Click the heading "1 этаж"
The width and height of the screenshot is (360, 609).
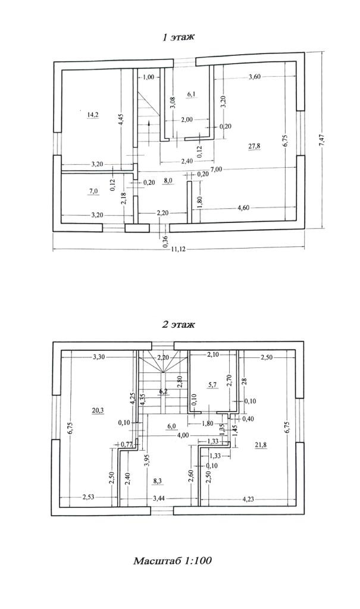click(x=179, y=37)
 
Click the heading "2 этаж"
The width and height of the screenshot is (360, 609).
click(x=178, y=325)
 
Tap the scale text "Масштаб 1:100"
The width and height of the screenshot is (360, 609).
click(x=173, y=561)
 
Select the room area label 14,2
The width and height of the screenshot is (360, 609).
click(x=92, y=113)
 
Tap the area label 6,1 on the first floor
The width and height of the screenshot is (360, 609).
click(x=192, y=94)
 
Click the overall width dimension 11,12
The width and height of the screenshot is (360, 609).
click(x=178, y=249)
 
